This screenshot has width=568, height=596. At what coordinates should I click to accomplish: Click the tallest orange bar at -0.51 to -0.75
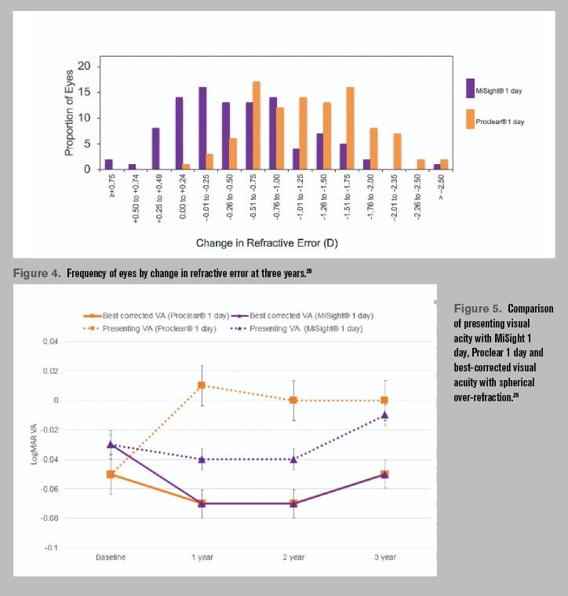(256, 125)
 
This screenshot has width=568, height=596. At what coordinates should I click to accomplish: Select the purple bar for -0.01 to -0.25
(202, 127)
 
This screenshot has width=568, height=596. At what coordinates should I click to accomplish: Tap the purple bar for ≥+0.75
(109, 164)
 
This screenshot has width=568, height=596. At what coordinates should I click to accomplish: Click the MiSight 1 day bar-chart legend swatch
(470, 88)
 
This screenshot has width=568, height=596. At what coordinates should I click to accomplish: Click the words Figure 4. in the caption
(38, 273)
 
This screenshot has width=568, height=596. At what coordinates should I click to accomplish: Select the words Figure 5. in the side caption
(479, 309)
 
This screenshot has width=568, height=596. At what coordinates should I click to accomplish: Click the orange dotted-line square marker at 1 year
(202, 386)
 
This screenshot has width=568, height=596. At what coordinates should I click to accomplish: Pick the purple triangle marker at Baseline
(111, 444)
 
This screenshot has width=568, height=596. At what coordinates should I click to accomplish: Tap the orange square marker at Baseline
(111, 474)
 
